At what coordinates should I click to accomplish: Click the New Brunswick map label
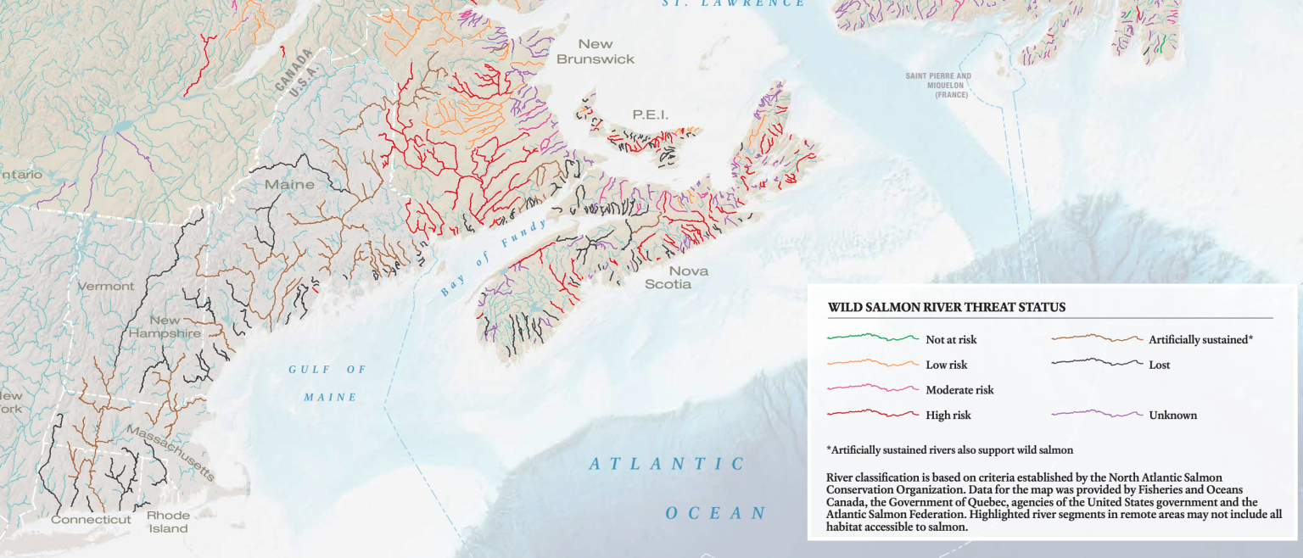596,52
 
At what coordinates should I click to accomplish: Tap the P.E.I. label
651,114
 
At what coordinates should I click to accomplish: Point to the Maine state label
289,185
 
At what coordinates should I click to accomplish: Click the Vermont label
106,287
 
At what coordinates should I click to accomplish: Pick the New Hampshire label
165,326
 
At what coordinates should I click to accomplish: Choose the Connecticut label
91,520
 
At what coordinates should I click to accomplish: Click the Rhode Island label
167,522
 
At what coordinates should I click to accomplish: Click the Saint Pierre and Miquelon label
938,86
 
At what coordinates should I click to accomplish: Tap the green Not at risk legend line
873,338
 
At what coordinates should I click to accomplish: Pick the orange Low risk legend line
873,364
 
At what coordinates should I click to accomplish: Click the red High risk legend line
873,415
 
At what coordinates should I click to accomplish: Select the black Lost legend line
1097,364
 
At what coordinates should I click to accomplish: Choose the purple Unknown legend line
1097,415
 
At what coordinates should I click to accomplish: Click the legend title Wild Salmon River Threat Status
947,307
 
